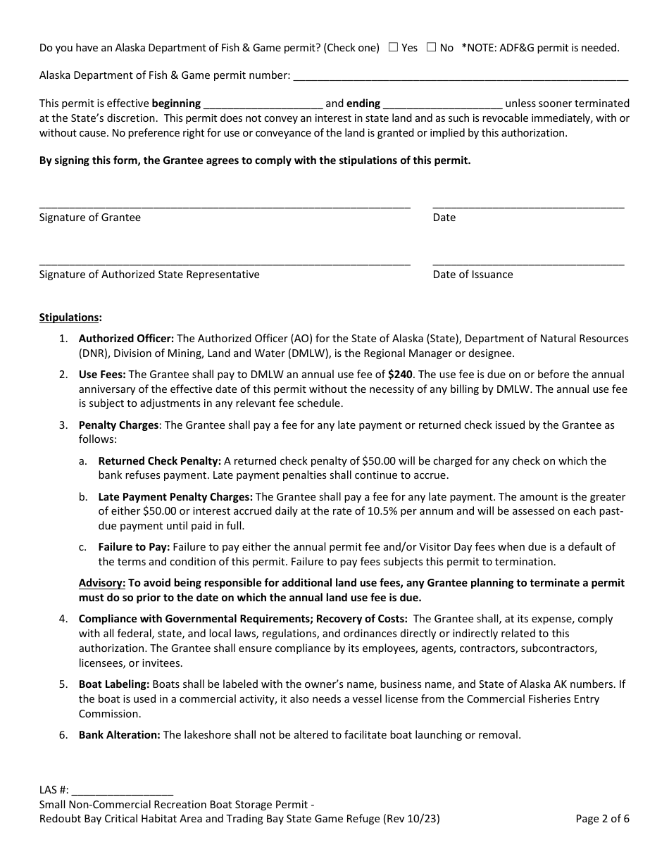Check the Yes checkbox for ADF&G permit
(394, 47)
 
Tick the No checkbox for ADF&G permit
(431, 47)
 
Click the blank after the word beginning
(263, 103)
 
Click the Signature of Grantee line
(225, 205)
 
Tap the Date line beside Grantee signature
(528, 205)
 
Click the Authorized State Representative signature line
(225, 262)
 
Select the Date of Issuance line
(528, 262)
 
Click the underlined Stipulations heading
(70, 318)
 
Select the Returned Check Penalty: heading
(159, 461)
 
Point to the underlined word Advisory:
(102, 583)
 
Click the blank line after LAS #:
(122, 790)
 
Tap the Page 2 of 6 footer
(602, 819)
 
